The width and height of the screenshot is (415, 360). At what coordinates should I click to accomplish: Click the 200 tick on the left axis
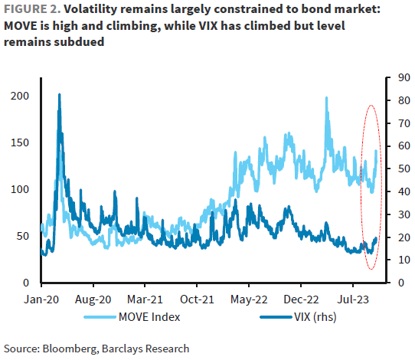coord(21,95)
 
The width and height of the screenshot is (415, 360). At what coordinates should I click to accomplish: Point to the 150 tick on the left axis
coord(21,142)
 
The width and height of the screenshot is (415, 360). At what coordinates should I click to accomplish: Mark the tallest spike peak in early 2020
coord(60,95)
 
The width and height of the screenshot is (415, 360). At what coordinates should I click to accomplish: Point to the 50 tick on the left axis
coord(23,237)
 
